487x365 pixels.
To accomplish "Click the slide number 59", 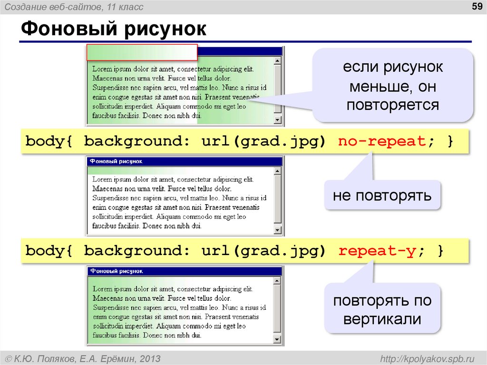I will coord(476,6).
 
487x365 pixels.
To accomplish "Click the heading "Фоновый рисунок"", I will coord(114,29).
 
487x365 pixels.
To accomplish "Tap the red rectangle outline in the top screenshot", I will coord(142,52).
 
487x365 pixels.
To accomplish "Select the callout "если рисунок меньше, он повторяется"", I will coord(392,86).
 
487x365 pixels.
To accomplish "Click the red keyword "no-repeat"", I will coord(381,141).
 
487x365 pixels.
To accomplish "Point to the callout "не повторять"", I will coord(382,195).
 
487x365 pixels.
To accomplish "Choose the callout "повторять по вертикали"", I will coord(382,309).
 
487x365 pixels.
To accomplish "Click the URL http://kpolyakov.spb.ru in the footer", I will coord(425,358).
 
